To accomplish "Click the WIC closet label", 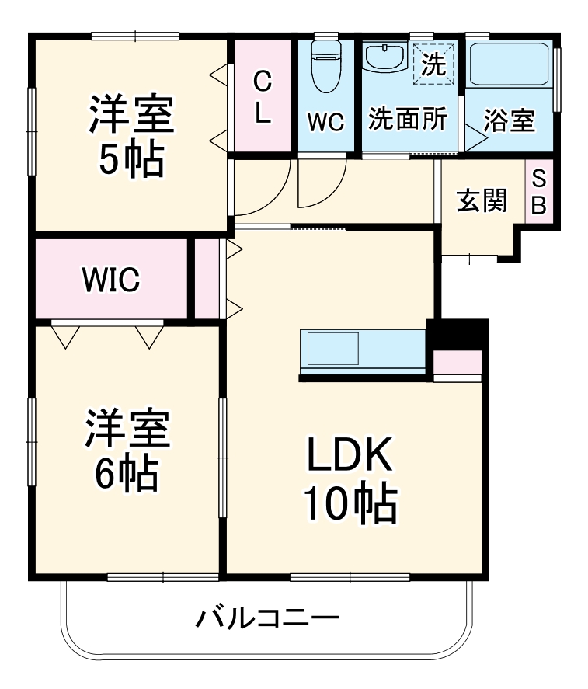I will [x=112, y=280].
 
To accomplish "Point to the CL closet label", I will [x=263, y=97].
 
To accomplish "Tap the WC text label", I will [x=325, y=123].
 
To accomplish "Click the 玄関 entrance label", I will [x=482, y=200].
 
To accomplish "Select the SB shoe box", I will [x=539, y=192].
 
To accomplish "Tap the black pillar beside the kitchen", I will [x=458, y=334].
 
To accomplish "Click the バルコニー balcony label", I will [x=268, y=619].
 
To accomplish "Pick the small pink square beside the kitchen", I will [x=458, y=364].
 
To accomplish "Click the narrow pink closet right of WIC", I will [x=206, y=279].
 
